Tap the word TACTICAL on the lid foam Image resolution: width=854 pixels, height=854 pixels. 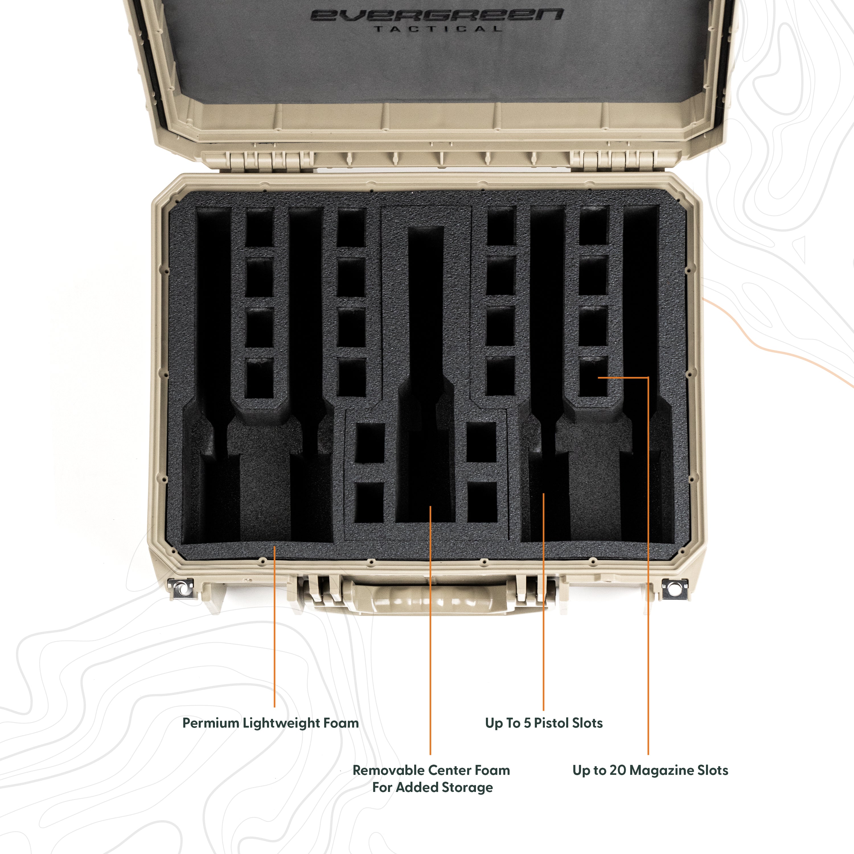coord(438,29)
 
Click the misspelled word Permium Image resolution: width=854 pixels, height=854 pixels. coord(211,724)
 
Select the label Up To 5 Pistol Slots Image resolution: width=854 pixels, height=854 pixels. coord(544,724)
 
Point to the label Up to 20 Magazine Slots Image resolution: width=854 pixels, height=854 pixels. coord(650,771)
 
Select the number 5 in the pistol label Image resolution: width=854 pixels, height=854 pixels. coord(527,724)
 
